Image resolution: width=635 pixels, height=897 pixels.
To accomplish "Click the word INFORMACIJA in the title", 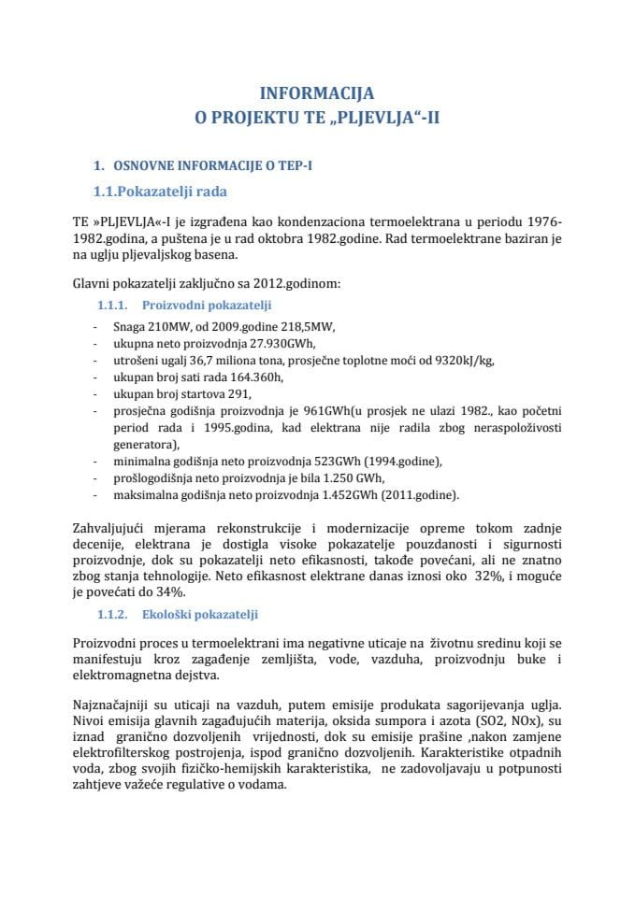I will click(x=317, y=93).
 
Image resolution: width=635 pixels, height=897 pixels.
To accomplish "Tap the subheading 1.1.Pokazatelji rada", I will click(x=160, y=192).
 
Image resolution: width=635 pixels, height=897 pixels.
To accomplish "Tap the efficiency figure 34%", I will click(x=170, y=591).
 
